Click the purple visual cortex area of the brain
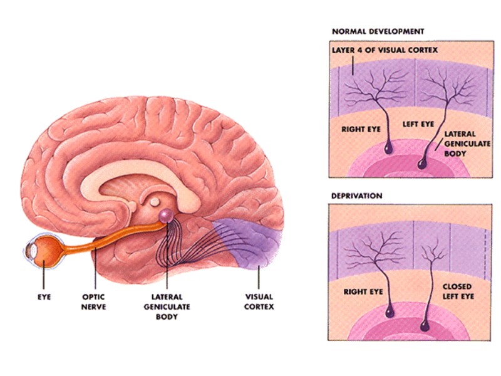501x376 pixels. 247,241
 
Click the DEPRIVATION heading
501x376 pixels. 356,196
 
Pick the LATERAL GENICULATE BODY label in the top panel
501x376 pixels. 460,142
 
